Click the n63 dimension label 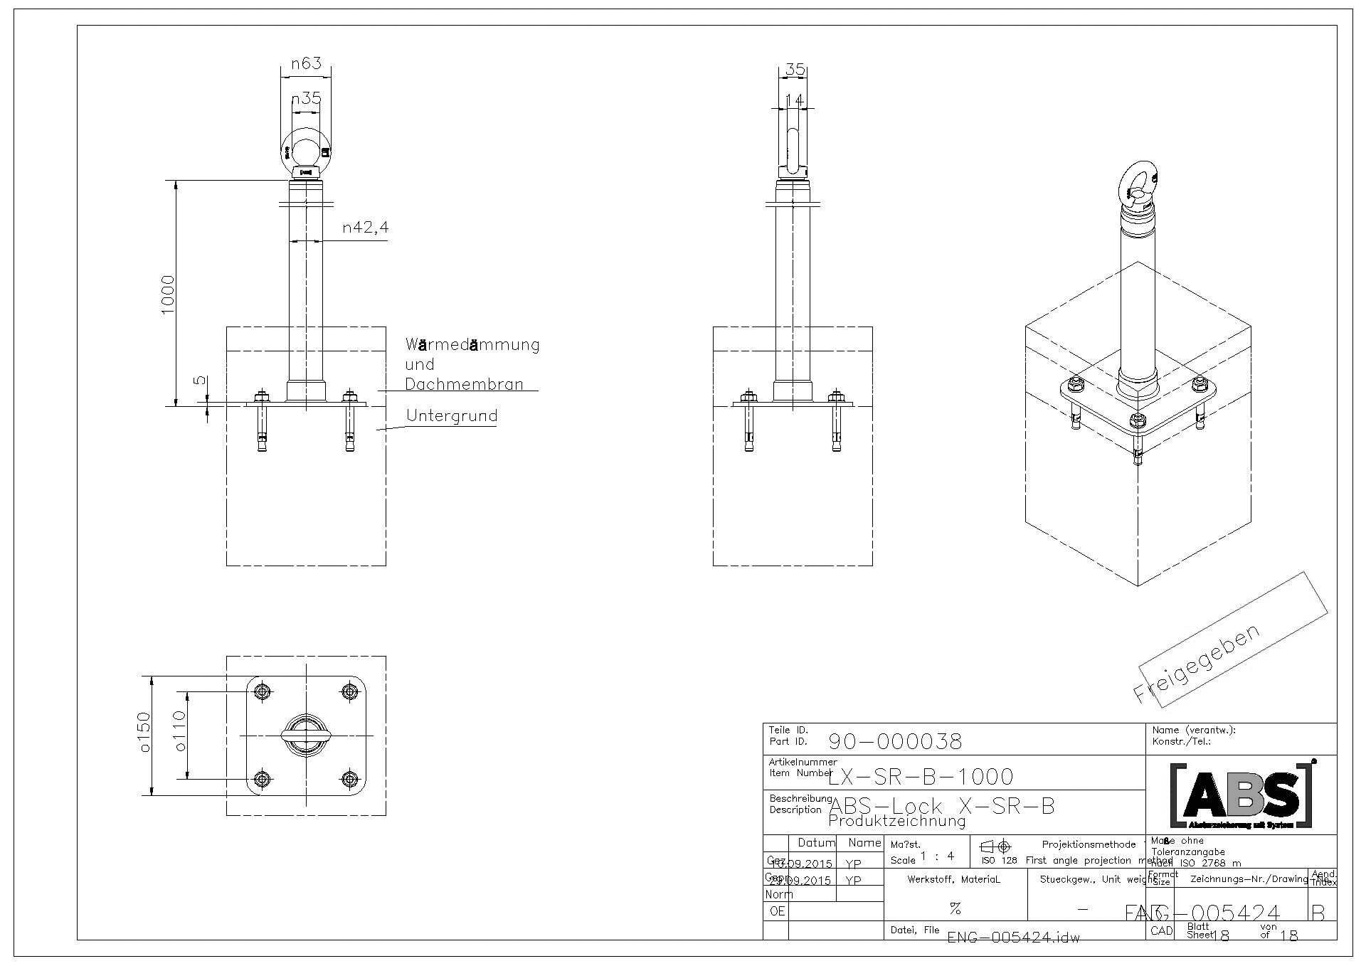point(306,63)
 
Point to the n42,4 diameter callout point(365,228)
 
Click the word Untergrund point(451,415)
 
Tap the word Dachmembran point(464,384)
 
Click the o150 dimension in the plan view point(144,732)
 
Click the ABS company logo point(1241,795)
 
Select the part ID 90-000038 point(895,742)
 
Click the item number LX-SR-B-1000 point(921,776)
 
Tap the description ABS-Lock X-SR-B point(941,807)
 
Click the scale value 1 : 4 point(936,856)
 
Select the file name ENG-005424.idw point(1013,938)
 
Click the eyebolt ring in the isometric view point(1139,184)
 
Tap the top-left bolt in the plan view point(263,691)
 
